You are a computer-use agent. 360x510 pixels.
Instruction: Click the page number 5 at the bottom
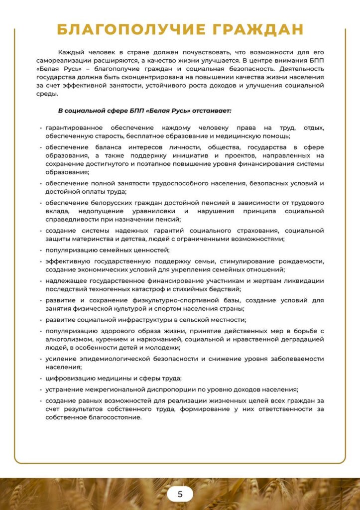(x=180, y=494)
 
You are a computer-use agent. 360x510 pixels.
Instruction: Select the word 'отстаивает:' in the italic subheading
(x=213, y=110)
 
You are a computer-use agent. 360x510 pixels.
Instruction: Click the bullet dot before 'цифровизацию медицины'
(x=40, y=378)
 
